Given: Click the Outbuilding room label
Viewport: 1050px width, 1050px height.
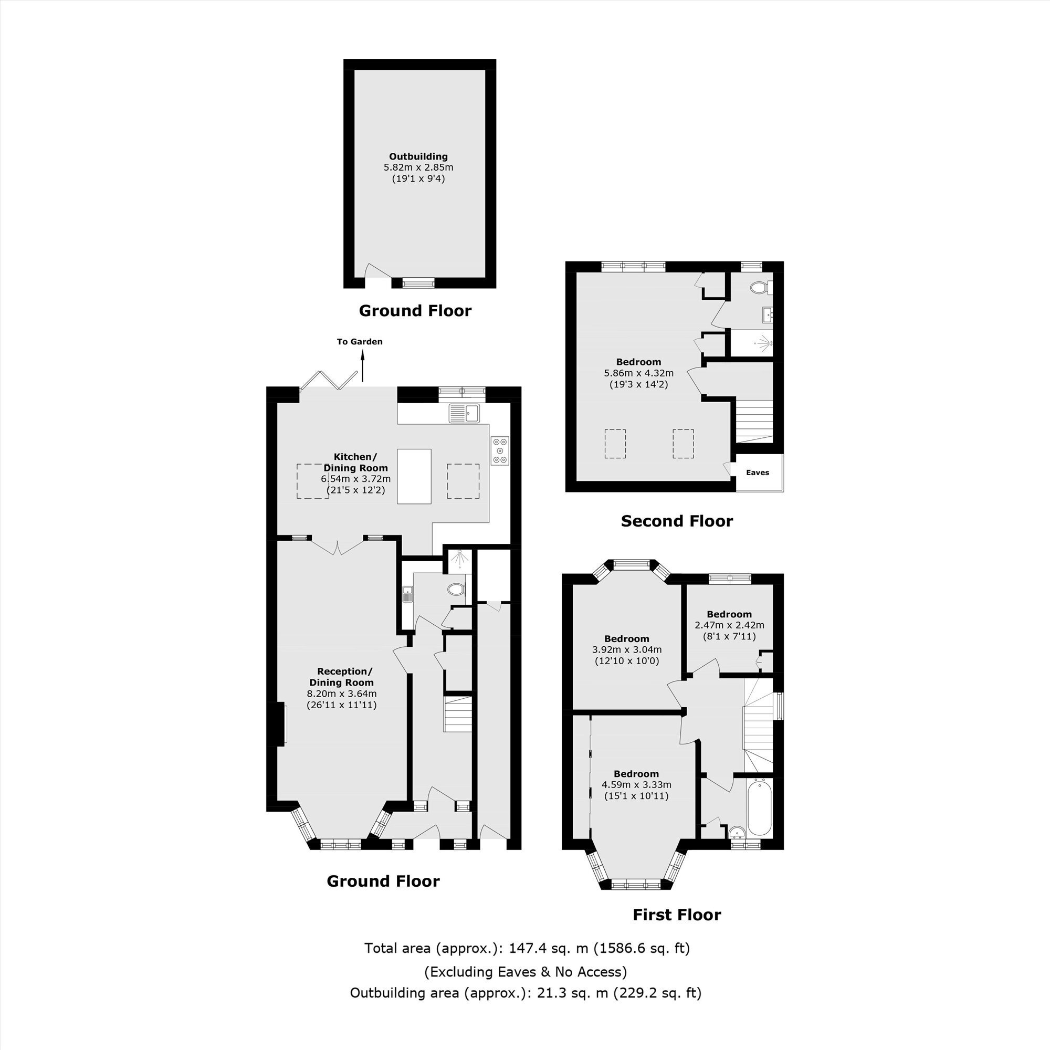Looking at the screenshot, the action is point(418,156).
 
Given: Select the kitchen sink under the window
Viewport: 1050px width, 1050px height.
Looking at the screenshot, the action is point(464,414).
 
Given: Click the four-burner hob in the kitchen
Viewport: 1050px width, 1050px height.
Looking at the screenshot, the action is point(500,450).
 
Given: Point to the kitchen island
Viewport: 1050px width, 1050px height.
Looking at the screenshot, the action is point(414,476).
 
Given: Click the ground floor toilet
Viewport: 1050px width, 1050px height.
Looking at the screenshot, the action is point(457,589).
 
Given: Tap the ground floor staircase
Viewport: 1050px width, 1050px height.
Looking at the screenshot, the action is point(458,713).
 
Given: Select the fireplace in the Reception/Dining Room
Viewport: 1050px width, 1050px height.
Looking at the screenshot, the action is point(281,723).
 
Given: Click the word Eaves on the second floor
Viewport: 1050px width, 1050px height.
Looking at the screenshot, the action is point(758,472).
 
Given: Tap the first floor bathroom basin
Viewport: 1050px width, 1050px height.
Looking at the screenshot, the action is point(737,832).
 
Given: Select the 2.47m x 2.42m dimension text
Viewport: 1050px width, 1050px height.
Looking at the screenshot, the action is point(729,625).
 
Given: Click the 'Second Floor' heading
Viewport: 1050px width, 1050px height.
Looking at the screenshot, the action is point(677,521).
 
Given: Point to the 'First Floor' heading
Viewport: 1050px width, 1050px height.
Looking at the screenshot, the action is point(677,915).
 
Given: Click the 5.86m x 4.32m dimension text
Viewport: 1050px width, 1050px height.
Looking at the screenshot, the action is point(638,373).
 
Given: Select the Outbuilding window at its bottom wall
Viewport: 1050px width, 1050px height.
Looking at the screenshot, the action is point(418,282).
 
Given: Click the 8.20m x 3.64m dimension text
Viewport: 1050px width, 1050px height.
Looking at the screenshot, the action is point(342,694).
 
